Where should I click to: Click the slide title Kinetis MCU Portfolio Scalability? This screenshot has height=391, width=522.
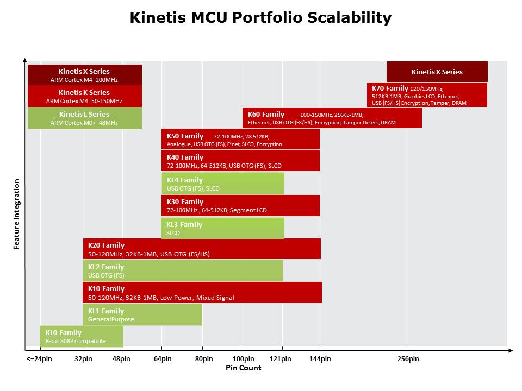260,17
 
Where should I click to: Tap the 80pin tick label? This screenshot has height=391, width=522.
203,359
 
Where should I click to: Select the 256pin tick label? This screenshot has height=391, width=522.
408,359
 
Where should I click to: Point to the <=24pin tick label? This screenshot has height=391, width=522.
39,359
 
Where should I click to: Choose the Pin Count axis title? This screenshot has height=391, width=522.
244,368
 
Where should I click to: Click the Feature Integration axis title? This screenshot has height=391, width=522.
17,214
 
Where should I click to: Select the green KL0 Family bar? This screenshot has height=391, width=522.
81,337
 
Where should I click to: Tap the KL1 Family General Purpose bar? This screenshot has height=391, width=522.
142,315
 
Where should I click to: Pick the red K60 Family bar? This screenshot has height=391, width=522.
332,118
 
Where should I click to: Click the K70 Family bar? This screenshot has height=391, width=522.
427,95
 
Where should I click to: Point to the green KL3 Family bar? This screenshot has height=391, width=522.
222,228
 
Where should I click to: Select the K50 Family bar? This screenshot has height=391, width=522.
240,140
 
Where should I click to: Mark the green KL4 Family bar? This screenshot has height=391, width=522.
222,184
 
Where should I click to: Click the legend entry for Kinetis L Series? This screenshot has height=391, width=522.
84,118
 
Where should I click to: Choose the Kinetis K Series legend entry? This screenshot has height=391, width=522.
84,96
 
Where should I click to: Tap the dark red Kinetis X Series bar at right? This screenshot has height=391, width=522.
437,72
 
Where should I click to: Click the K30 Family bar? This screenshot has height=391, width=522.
240,206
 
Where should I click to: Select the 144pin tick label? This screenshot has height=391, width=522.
320,359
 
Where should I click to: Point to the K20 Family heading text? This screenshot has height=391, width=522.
106,245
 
